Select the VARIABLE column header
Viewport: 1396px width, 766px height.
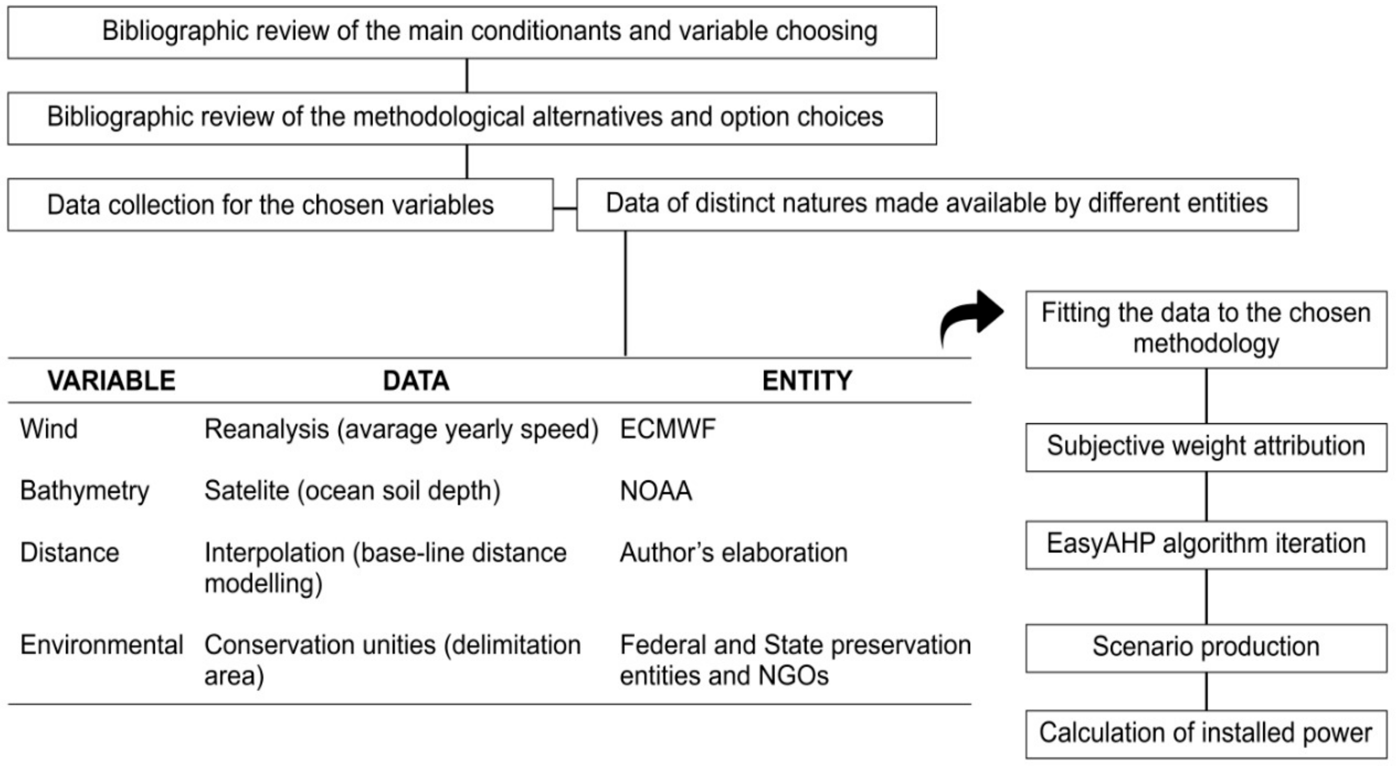(111, 380)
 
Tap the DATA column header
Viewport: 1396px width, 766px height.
(416, 380)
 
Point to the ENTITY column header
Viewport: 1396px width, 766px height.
(807, 380)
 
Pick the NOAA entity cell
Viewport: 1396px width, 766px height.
(655, 491)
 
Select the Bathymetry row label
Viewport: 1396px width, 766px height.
(85, 491)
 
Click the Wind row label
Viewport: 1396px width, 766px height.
(49, 429)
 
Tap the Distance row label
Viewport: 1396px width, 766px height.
(70, 552)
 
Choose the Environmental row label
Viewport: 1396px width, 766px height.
(102, 645)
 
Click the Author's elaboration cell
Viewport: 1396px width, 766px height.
(733, 552)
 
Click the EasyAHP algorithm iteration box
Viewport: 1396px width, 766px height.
(1206, 545)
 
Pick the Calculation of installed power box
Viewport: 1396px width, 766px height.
(1206, 733)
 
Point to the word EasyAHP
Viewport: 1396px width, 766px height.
(1101, 544)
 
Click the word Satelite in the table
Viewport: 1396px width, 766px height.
(247, 491)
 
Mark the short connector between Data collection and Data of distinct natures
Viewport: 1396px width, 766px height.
(565, 208)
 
